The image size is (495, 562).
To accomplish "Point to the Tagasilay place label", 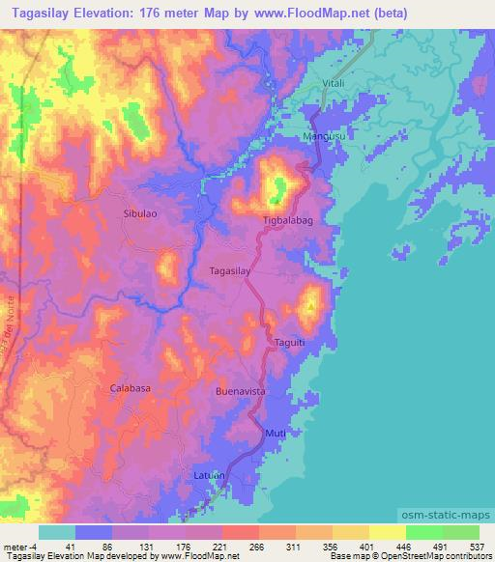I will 230,272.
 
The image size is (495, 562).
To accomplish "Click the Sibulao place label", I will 141,211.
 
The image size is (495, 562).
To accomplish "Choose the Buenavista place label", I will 240,393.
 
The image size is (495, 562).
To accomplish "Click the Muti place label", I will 276,434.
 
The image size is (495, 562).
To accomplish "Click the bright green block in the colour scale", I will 423,532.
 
